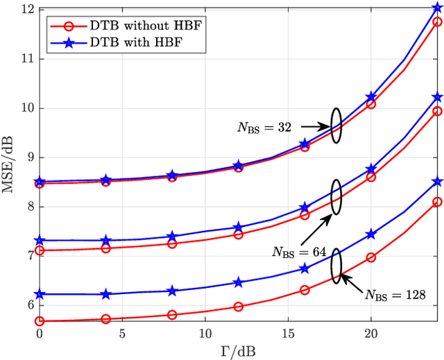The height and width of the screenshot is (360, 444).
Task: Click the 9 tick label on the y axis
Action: [x=29, y=157]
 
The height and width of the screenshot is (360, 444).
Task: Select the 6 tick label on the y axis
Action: [x=29, y=305]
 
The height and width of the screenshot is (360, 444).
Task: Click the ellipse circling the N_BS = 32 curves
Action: [x=336, y=126]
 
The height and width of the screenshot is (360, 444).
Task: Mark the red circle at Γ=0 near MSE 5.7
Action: [x=40, y=321]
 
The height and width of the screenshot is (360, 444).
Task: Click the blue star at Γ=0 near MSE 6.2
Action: [x=40, y=294]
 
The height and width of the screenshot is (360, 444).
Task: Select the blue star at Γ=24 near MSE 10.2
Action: [x=437, y=97]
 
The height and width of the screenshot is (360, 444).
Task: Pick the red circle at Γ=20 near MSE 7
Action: [x=371, y=257]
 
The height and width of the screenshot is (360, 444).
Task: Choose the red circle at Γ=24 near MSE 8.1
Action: [x=437, y=202]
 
